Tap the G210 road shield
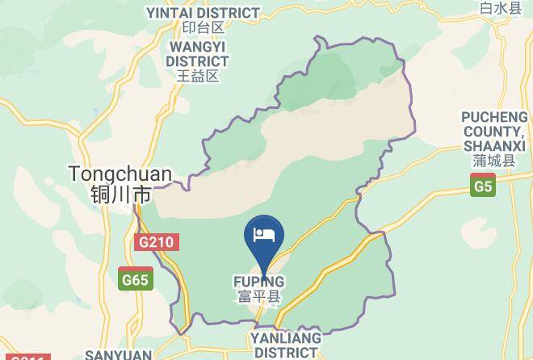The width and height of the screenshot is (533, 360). (x=157, y=242)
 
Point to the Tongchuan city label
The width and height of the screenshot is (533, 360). (x=120, y=174)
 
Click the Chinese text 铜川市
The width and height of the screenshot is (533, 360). (x=120, y=195)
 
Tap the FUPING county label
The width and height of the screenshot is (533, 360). (x=259, y=282)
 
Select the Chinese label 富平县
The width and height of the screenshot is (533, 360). (x=259, y=296)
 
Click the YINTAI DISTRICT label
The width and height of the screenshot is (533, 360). (x=203, y=13)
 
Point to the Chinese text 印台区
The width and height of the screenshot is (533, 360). (x=202, y=28)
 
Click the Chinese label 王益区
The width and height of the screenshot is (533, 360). (x=198, y=76)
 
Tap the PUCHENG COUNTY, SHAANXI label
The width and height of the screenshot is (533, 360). (x=494, y=132)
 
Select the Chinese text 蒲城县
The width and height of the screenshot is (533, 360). (x=494, y=161)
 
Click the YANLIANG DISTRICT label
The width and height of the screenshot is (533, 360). (x=285, y=345)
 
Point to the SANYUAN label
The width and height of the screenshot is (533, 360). (x=119, y=354)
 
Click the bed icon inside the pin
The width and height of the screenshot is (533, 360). (x=263, y=234)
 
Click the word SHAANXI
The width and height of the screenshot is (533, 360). (x=494, y=145)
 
